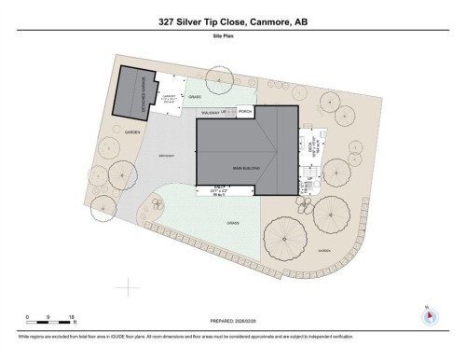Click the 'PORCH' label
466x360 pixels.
(245, 112)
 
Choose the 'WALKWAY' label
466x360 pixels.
(209, 112)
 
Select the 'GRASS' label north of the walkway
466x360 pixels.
(195, 96)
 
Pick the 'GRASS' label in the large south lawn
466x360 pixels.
(232, 224)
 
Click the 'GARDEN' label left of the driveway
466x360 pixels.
(131, 133)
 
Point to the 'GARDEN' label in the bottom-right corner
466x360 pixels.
(323, 249)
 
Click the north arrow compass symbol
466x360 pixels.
(428, 315)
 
